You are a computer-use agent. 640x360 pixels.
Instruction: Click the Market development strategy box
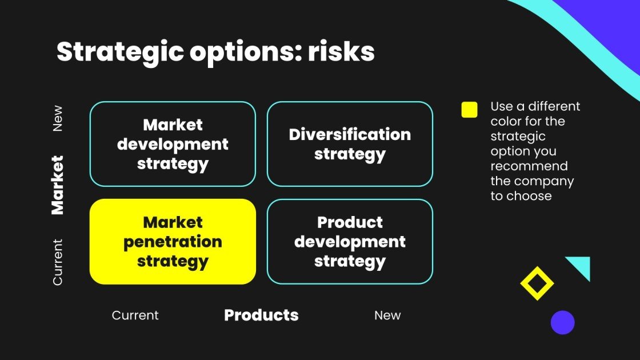coord(173,144)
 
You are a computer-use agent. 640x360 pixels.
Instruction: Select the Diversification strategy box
coord(350,144)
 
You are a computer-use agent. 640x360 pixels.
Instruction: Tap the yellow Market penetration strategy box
coord(173,242)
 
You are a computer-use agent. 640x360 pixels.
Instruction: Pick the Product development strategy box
coord(350,242)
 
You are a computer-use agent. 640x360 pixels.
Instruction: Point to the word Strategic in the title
coord(120,52)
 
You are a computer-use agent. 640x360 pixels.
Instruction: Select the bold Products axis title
coord(261,315)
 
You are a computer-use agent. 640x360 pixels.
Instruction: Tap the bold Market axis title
coord(57,185)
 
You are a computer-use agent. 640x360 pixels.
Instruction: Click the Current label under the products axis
coord(135,315)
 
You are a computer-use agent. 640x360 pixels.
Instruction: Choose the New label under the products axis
coord(387,315)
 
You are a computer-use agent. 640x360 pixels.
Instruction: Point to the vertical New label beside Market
coord(58,118)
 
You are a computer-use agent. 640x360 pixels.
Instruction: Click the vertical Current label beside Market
coord(58,262)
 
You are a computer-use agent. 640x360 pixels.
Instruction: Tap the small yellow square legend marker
coord(469,110)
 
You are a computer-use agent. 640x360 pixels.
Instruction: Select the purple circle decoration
coord(562,322)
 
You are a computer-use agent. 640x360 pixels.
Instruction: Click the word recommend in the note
coord(529,166)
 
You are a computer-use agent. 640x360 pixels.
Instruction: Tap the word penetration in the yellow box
coord(173,242)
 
